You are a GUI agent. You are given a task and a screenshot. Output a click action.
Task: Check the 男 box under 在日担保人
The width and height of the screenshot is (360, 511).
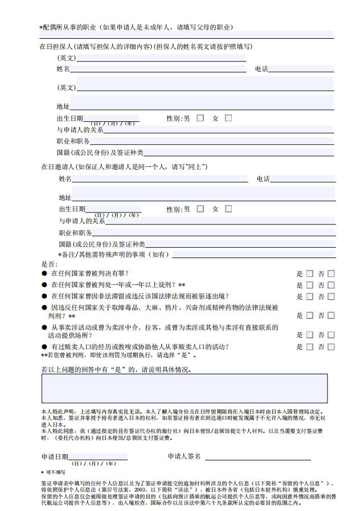click(200, 118)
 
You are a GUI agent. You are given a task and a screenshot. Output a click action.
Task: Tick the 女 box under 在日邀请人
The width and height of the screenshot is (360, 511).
click(228, 209)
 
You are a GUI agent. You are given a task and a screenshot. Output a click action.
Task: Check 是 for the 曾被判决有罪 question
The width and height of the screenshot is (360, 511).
click(310, 273)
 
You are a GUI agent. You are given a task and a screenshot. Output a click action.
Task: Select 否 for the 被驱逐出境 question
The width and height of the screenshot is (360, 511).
click(331, 296)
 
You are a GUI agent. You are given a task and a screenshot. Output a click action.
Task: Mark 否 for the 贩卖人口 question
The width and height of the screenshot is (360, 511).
click(331, 346)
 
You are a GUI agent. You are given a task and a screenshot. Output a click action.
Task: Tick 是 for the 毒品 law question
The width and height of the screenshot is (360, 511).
click(310, 315)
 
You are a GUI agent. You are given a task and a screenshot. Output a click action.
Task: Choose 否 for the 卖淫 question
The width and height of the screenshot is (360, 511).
click(331, 335)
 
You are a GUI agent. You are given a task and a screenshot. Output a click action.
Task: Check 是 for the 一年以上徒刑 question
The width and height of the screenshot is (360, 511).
click(310, 285)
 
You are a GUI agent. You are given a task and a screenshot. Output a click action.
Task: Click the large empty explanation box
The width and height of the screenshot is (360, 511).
click(184, 388)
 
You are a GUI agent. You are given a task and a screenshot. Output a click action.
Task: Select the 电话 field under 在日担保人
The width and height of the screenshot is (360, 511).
click(301, 69)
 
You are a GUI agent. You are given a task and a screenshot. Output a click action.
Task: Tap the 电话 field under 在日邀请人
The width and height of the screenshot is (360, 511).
click(303, 179)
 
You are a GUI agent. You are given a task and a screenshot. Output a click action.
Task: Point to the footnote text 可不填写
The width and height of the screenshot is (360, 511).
click(56, 472)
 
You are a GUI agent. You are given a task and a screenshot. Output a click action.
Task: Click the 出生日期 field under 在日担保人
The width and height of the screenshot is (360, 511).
click(111, 118)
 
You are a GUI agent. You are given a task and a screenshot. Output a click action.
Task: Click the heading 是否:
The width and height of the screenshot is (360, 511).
click(49, 264)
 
